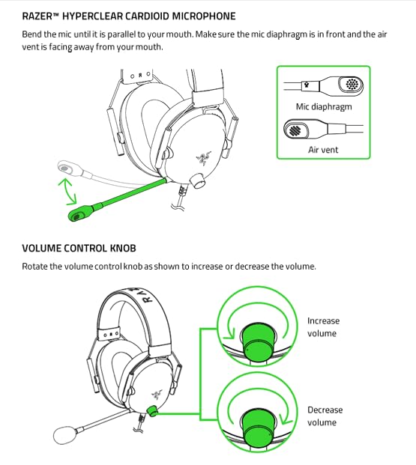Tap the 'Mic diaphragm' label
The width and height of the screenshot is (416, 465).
coord(324,106)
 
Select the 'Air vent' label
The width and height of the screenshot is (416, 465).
coord(324,150)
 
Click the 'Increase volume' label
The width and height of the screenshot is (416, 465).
coord(323,327)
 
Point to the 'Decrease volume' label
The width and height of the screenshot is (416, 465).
coord(325,416)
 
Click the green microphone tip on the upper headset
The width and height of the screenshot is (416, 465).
coord(77,214)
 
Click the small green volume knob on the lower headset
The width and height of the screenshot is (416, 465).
coord(152,410)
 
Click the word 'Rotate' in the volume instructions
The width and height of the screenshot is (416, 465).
coord(36,267)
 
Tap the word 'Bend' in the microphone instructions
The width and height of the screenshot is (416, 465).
coord(33,34)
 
